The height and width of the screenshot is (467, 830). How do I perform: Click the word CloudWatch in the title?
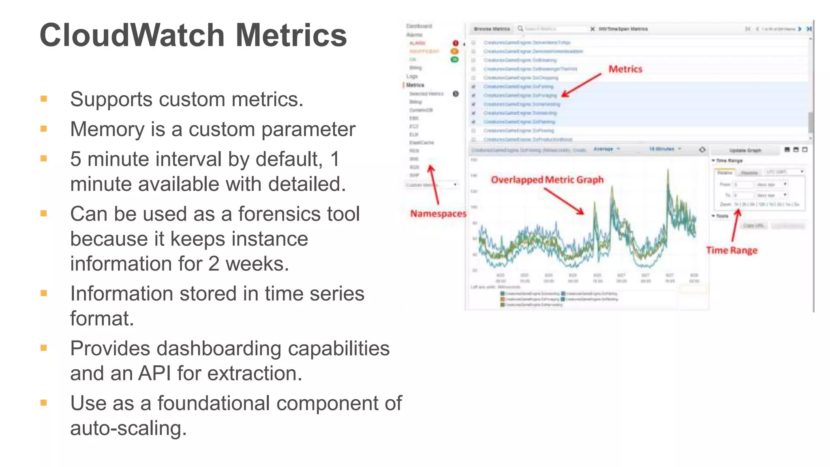tap(132, 35)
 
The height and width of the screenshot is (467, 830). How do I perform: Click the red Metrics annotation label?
tap(625, 69)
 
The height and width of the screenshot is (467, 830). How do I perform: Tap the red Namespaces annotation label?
tap(438, 214)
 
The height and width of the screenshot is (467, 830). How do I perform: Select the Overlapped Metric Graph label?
tap(547, 180)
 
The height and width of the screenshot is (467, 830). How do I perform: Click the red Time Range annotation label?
tap(732, 250)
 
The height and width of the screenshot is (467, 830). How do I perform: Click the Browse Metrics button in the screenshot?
tap(492, 29)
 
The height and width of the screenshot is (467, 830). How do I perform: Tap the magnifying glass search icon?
tap(520, 29)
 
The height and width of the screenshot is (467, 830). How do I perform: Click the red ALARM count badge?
tap(455, 43)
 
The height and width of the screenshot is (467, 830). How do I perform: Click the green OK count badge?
tap(455, 60)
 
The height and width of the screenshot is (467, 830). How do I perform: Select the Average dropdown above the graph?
tap(606, 149)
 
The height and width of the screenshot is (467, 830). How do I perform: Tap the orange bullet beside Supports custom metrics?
tap(44, 99)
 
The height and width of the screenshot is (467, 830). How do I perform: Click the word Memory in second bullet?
tap(107, 129)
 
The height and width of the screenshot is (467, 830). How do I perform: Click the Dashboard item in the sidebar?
tap(419, 26)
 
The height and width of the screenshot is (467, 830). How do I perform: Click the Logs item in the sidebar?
tap(412, 76)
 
